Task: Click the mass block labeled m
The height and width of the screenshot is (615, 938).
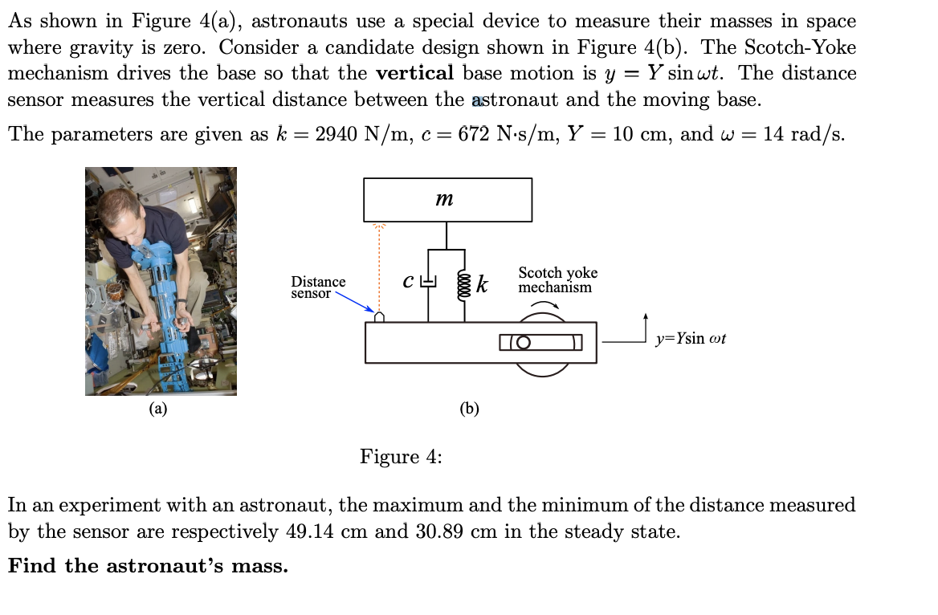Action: pos(447,199)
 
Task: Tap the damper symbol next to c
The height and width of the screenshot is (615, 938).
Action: pos(428,281)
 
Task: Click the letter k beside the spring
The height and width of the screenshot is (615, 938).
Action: pos(482,284)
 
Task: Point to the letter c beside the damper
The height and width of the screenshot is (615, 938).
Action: pos(408,282)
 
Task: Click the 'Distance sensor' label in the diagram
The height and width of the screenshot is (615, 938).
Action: pos(318,287)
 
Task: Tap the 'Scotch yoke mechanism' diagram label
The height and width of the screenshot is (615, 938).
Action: pos(557,280)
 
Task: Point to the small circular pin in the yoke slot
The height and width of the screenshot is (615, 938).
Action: pos(524,343)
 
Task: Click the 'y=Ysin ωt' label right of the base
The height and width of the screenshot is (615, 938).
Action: pos(691,339)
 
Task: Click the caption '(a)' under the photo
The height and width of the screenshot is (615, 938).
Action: pos(159,409)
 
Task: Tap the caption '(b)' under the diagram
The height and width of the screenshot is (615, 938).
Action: pos(469,409)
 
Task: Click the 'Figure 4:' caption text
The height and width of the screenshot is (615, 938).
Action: pos(401,457)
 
